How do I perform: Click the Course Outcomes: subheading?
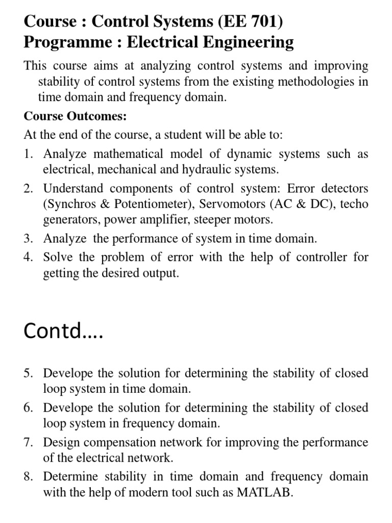coord(75,116)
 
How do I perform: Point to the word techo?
coord(354,204)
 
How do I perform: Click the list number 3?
coord(28,238)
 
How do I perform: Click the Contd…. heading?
coord(63,331)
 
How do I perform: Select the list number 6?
coord(28,408)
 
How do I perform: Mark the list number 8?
coord(28,477)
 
